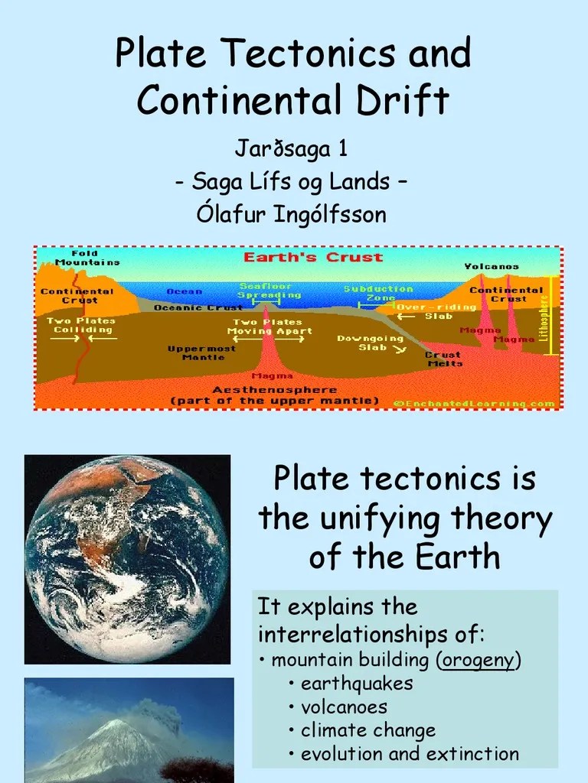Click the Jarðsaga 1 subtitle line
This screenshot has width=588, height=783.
coord(292,148)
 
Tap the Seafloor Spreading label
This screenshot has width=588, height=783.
coord(269,291)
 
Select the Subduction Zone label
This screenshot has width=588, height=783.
coord(377,293)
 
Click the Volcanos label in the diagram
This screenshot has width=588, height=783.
coord(492,266)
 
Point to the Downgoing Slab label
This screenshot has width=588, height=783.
coord(370,343)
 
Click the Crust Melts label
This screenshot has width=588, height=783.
coord(443,359)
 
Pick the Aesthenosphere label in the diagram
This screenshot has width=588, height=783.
coord(275,389)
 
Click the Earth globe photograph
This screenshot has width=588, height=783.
coord(127,558)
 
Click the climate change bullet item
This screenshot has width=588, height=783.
coord(367,730)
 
